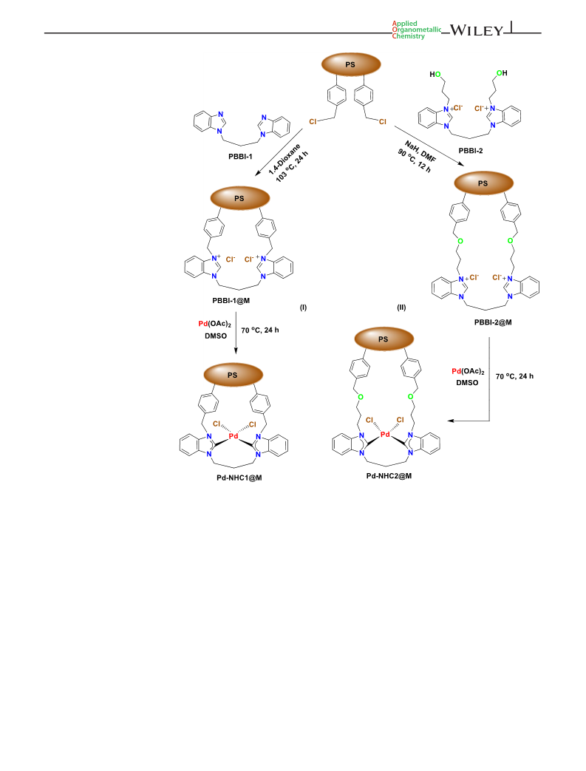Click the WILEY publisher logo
tap(477, 30)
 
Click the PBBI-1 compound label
tap(240, 157)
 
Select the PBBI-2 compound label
tap(471, 151)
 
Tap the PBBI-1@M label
tap(231, 300)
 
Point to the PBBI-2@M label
tap(493, 322)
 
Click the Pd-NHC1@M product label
tap(239, 478)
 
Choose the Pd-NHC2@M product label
tap(389, 475)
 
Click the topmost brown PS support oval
tap(351, 64)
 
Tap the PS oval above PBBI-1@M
tap(240, 198)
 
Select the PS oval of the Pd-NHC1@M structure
tap(233, 375)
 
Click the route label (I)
tap(303, 308)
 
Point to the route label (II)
tap(402, 308)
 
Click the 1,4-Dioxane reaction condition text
tap(285, 159)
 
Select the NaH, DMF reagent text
tap(420, 151)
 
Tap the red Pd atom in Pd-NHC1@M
tap(234, 436)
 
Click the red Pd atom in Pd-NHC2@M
tap(385, 434)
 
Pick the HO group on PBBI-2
tap(435, 74)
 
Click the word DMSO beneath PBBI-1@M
tap(216, 336)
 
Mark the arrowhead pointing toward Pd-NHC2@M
tap(450, 421)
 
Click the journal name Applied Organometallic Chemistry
tap(416, 30)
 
